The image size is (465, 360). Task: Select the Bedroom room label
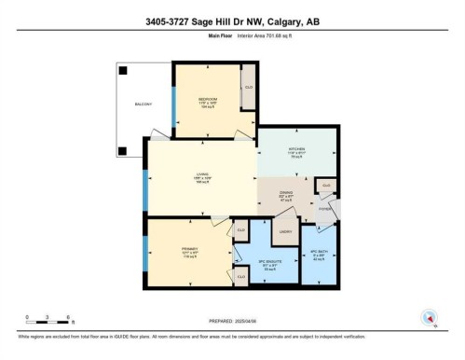pos(206,99)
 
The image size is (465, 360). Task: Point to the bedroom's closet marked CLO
pos(249,87)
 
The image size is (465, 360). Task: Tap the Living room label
pos(199,173)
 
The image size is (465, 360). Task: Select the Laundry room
pos(286,231)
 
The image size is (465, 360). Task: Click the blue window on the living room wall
pos(144,190)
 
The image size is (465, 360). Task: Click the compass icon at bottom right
pos(428,316)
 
